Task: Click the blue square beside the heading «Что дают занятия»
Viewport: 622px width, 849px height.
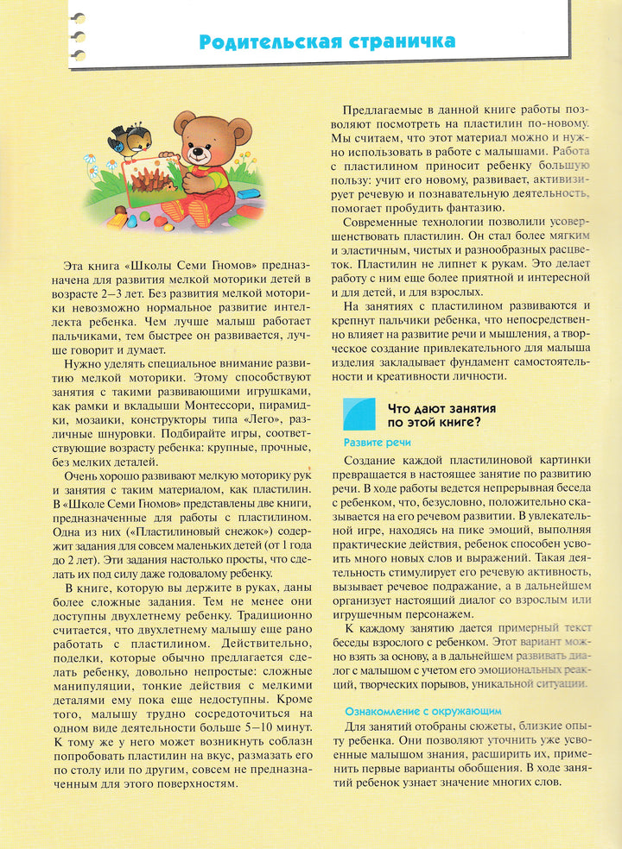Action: [x=359, y=413]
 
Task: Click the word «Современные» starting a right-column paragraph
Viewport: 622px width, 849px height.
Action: [x=384, y=221]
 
